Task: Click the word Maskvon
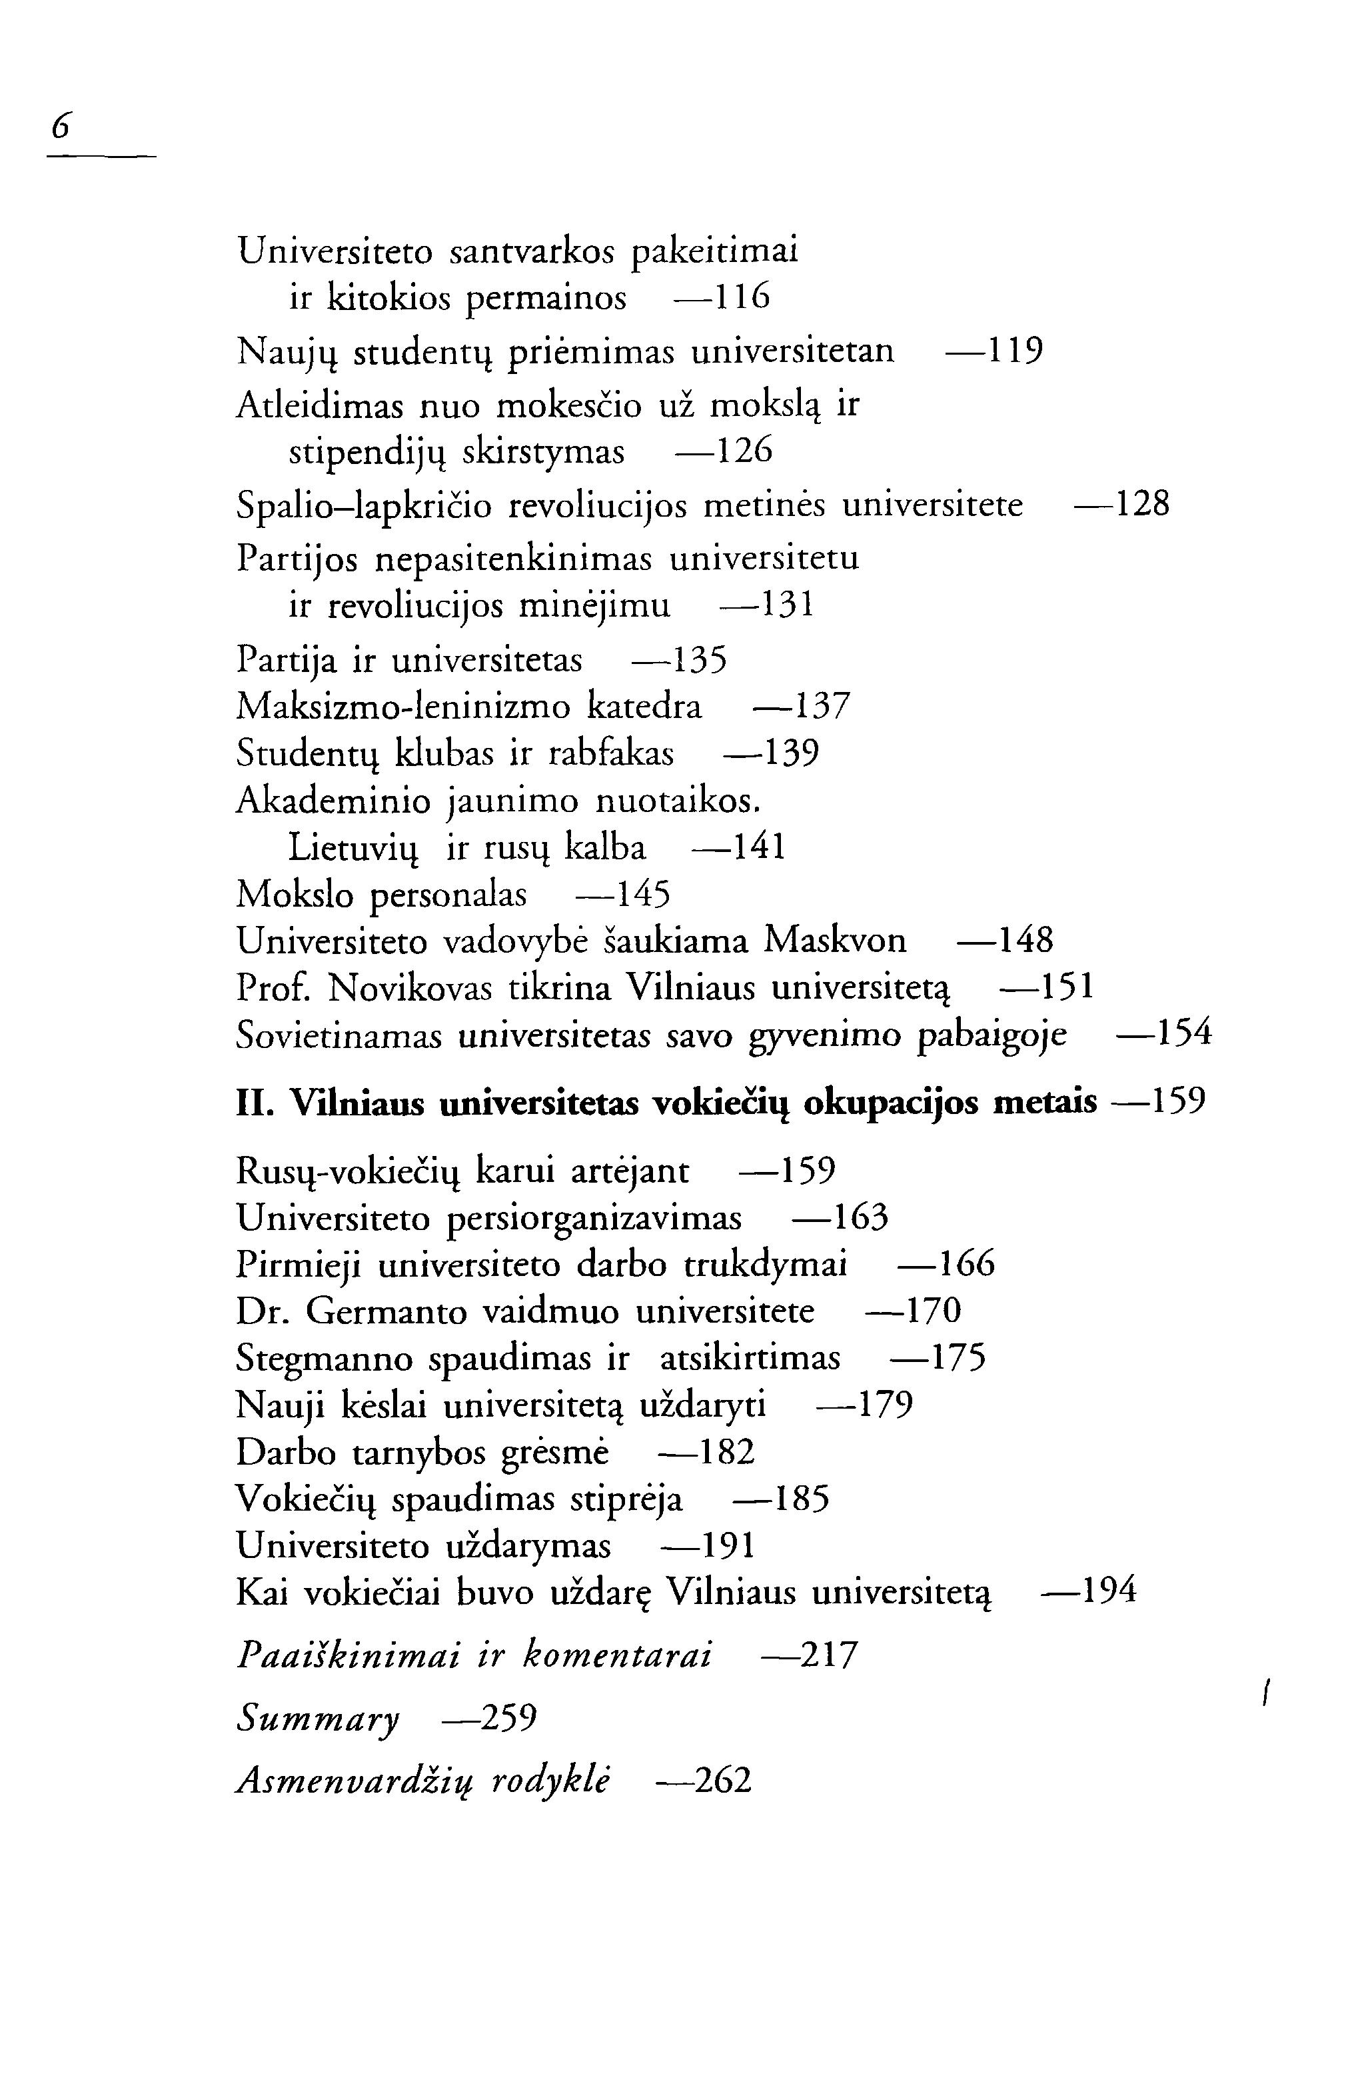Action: click(835, 941)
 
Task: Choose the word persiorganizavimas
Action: click(594, 1219)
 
